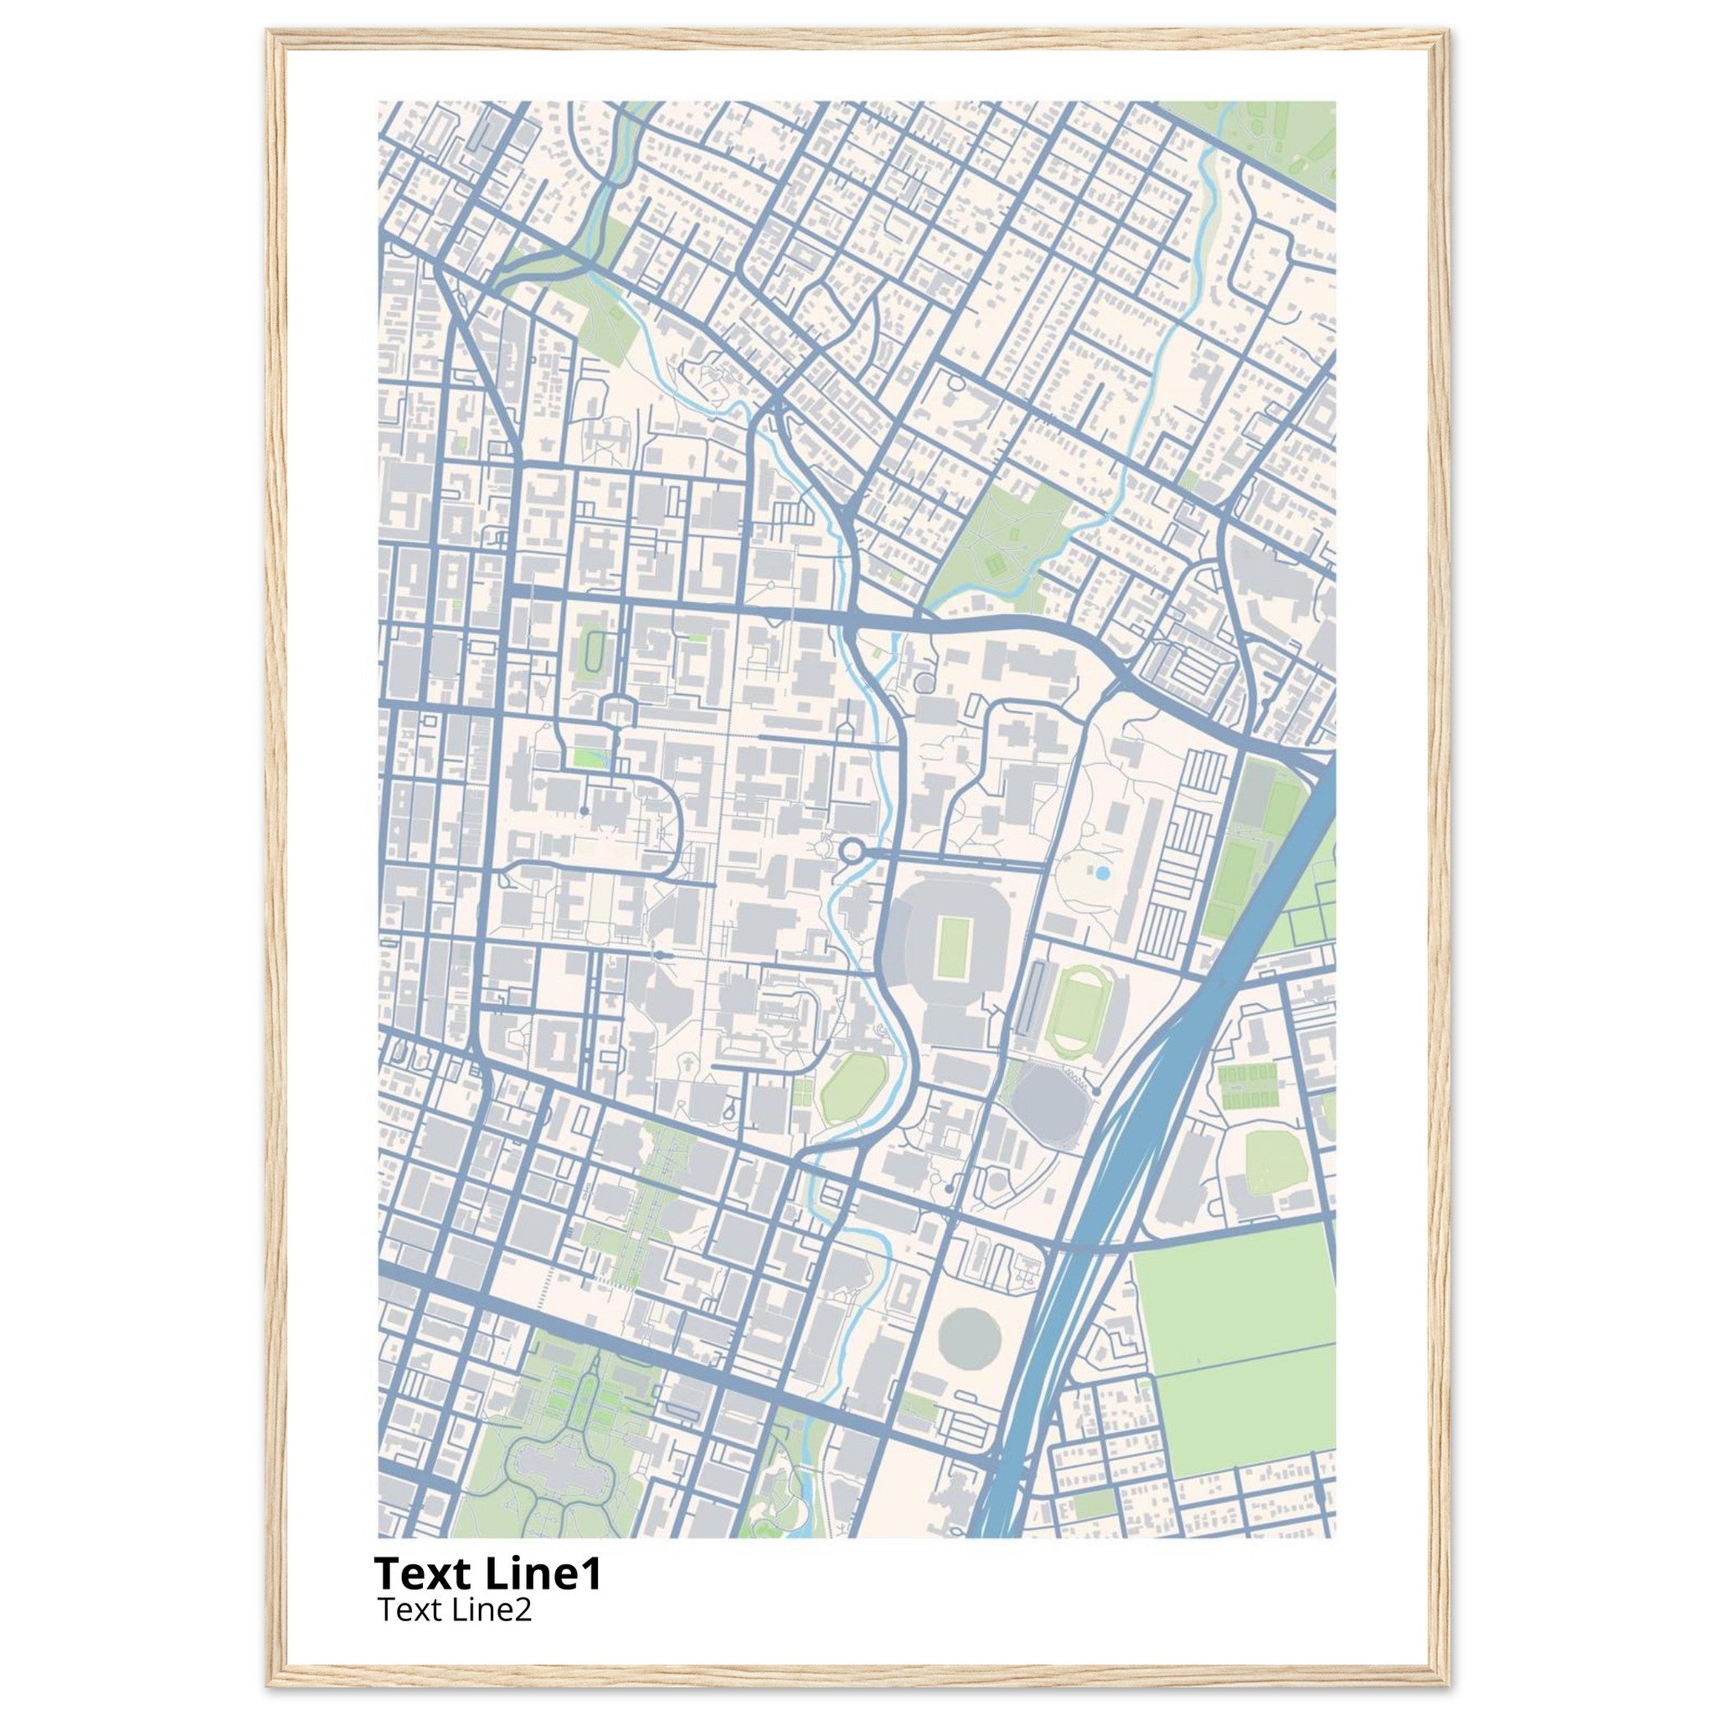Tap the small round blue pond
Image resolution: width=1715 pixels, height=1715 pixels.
pyautogui.click(x=1103, y=873)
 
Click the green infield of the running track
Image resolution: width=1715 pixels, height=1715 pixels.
pyautogui.click(x=1074, y=1012)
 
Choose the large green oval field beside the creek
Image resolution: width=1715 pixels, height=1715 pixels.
pyautogui.click(x=853, y=1089)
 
